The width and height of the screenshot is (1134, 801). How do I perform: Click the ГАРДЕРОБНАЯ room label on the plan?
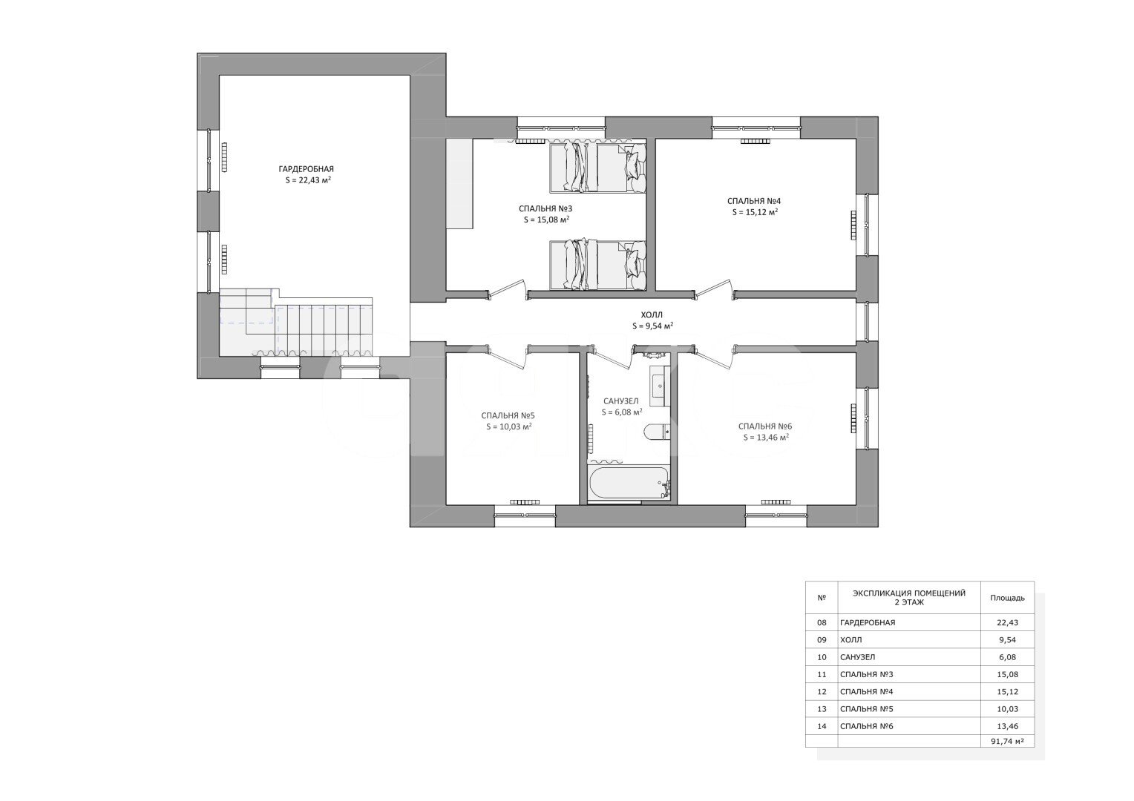pyautogui.click(x=307, y=169)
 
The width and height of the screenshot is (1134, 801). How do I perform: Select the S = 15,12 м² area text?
pyautogui.click(x=755, y=212)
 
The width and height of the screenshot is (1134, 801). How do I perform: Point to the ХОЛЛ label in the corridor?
pyautogui.click(x=652, y=314)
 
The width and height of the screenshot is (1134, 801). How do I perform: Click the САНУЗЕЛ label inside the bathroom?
pyautogui.click(x=620, y=401)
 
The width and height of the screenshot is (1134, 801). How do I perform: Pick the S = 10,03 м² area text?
pyautogui.click(x=508, y=426)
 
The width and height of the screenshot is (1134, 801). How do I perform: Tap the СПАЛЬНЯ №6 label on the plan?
pyautogui.click(x=765, y=426)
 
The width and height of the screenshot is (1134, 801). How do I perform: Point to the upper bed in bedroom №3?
pyautogui.click(x=598, y=168)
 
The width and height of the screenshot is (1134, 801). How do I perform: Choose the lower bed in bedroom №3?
pyautogui.click(x=598, y=265)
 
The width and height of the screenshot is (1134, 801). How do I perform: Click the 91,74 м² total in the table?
pyautogui.click(x=1007, y=741)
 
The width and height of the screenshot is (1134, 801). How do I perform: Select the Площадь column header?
pyautogui.click(x=1007, y=598)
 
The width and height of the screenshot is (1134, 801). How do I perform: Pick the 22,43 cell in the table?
pyautogui.click(x=1007, y=622)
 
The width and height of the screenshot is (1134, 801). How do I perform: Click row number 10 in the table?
pyautogui.click(x=821, y=657)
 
